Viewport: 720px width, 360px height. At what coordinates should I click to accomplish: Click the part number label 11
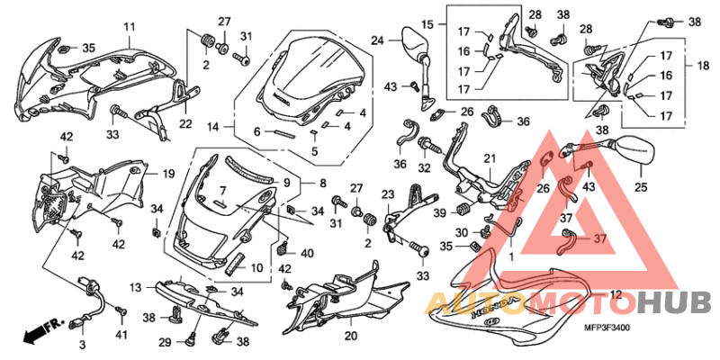[x=128, y=27]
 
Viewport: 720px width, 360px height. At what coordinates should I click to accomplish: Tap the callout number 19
[x=167, y=174]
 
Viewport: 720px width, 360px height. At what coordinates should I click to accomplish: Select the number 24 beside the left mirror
[x=377, y=40]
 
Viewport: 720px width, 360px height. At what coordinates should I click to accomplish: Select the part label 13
[x=136, y=287]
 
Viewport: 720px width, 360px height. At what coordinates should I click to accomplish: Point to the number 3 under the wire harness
[x=82, y=345]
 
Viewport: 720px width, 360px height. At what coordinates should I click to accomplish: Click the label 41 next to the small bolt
[x=121, y=336]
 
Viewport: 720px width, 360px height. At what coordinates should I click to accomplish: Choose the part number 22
[x=185, y=123]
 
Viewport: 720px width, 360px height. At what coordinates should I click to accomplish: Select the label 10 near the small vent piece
[x=256, y=267]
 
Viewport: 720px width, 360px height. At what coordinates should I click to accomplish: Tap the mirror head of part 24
[x=416, y=40]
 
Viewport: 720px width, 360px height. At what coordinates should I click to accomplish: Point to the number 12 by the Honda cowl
[x=616, y=293]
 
